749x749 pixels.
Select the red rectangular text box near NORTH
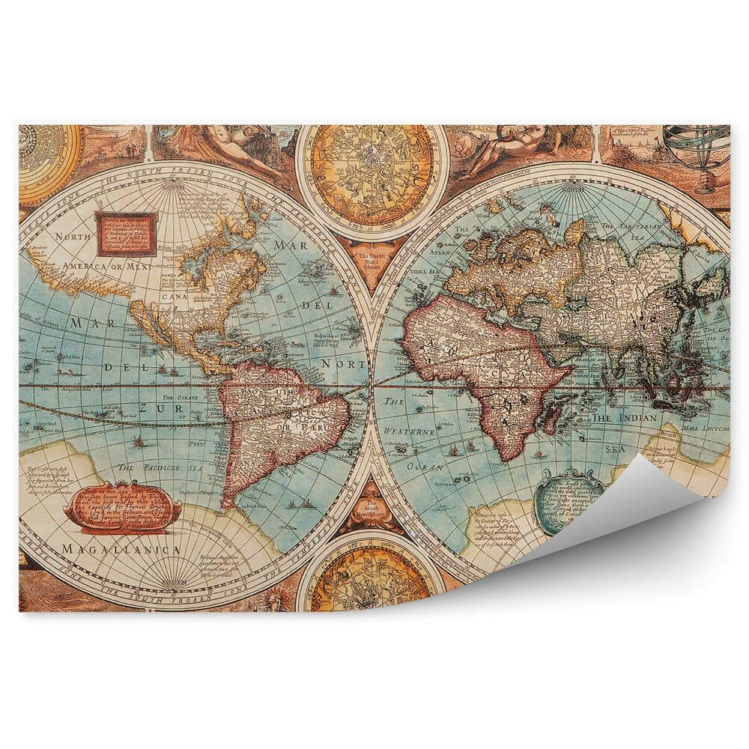pyautogui.click(x=125, y=232)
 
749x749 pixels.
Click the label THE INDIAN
pyautogui.click(x=624, y=418)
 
